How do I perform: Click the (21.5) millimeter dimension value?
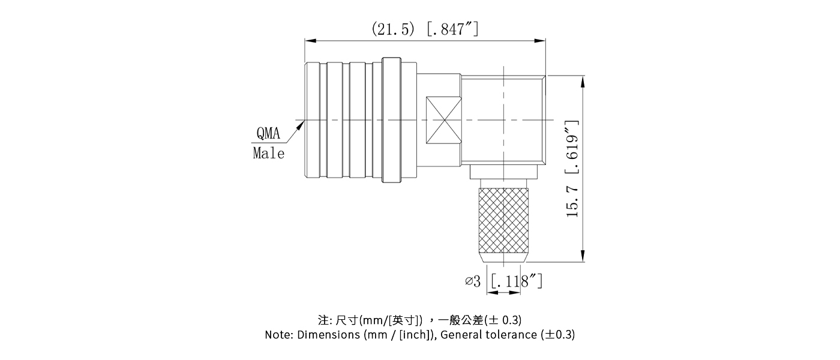[x=393, y=28]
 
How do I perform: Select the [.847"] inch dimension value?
[x=452, y=28]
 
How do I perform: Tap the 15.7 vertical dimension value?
[x=572, y=200]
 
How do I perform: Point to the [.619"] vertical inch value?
[x=572, y=147]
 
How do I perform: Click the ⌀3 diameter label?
[x=473, y=281]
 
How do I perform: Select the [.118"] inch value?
[x=517, y=281]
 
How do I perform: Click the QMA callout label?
[x=268, y=133]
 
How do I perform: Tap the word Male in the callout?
[x=268, y=153]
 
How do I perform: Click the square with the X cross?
[x=443, y=120]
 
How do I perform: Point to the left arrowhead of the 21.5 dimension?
[x=310, y=41]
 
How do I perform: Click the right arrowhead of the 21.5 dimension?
[x=541, y=41]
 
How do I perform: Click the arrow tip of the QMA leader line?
[x=302, y=122]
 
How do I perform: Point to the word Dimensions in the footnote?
[x=329, y=335]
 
